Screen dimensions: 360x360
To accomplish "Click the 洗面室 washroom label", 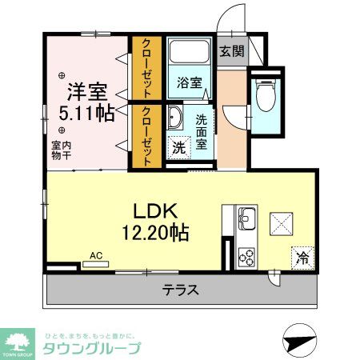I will (x=202, y=131).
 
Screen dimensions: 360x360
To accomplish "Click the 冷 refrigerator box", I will (x=302, y=258).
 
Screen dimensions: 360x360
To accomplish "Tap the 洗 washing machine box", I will (x=179, y=149).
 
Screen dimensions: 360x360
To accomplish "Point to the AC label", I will (x=96, y=256).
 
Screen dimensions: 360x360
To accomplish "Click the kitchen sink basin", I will (x=246, y=217).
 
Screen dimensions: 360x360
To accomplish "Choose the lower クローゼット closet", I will (x=148, y=135).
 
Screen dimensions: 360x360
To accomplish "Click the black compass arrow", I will (x=295, y=341).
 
